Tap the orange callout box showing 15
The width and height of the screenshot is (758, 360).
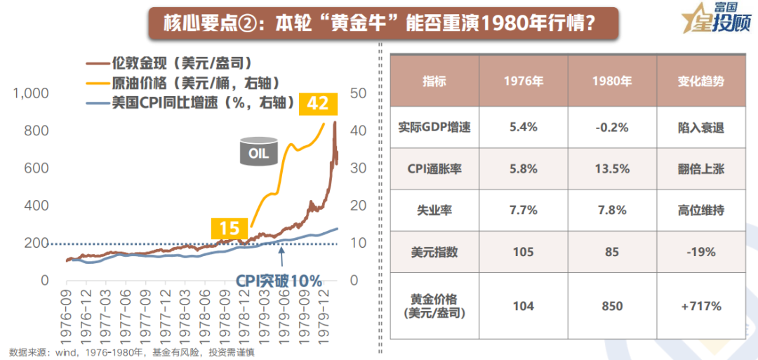point(230,228)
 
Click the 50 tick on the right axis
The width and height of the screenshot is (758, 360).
point(358,93)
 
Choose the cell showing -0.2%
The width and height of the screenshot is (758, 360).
point(612,128)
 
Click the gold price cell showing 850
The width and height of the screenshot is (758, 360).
point(612,306)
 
